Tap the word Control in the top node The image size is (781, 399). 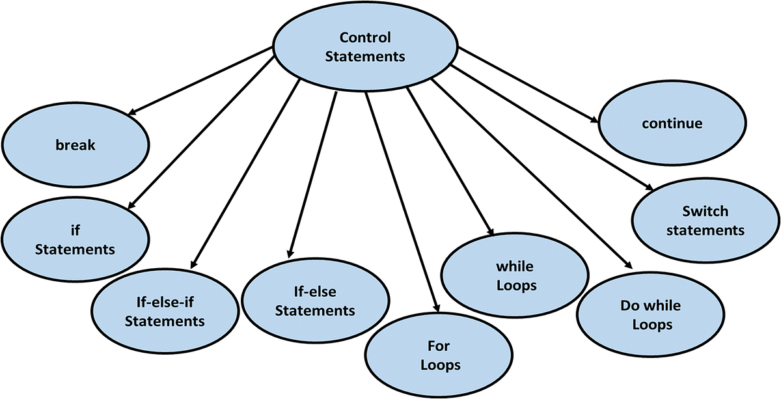(364, 37)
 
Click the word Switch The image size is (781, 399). (705, 212)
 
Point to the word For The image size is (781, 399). (439, 346)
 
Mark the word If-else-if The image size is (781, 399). (165, 303)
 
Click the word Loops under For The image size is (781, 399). (441, 365)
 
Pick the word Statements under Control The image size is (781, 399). (364, 57)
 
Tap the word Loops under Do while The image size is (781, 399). (651, 324)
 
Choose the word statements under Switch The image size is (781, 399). (705, 230)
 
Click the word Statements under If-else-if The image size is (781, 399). (165, 322)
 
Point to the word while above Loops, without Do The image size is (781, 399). (514, 266)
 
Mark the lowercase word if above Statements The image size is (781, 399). (75, 230)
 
